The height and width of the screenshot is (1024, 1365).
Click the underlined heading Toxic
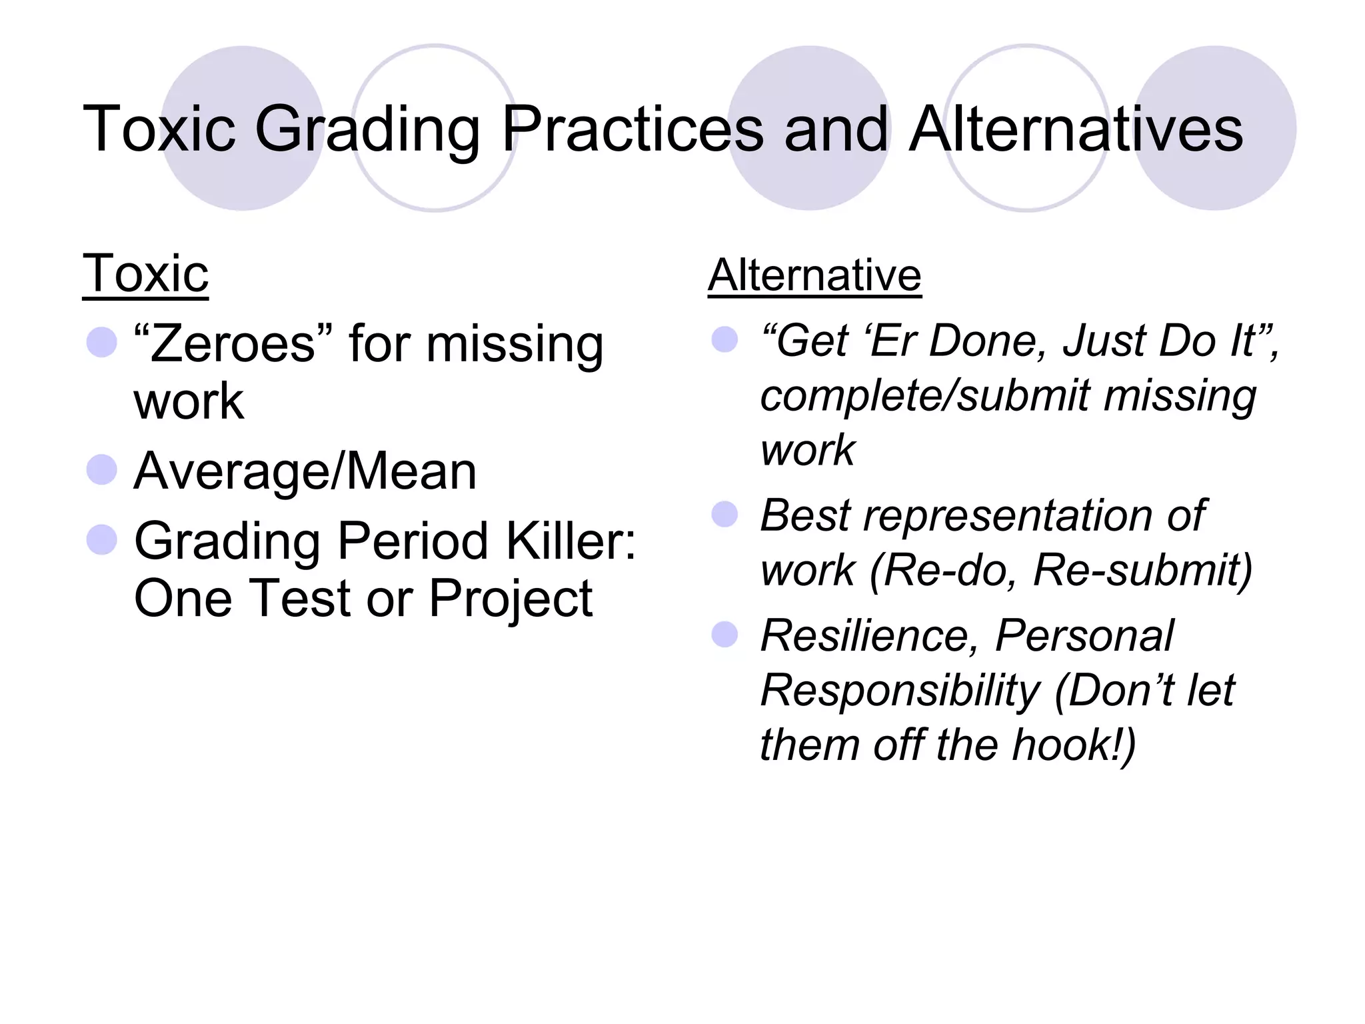point(145,274)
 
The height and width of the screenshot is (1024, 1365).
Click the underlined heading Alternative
point(814,275)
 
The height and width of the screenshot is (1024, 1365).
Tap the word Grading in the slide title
point(367,130)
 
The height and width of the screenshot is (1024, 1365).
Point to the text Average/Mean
point(305,471)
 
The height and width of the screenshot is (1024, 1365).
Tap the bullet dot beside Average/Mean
point(102,469)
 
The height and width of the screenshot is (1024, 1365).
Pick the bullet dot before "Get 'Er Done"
point(724,339)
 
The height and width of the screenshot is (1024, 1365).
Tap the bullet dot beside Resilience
point(724,635)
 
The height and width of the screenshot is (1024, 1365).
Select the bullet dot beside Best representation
point(724,514)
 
